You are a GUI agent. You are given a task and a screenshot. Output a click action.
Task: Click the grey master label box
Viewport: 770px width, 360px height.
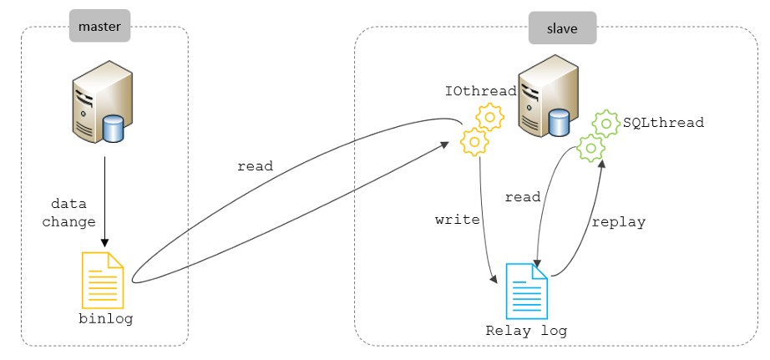tap(100, 27)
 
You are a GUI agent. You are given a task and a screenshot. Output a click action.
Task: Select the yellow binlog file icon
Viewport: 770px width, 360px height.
tap(102, 280)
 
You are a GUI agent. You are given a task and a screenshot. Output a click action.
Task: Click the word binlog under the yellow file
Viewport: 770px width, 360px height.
tap(105, 319)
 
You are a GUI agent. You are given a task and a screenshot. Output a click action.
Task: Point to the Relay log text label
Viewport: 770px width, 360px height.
tap(526, 331)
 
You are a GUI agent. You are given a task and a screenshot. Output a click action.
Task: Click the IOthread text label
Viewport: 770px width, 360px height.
tap(479, 89)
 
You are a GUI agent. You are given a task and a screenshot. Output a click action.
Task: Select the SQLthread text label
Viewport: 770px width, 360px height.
tap(664, 122)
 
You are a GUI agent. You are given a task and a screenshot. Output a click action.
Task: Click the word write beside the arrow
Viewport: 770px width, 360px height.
tap(458, 221)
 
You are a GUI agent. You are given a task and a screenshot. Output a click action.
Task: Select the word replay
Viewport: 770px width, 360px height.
tap(618, 222)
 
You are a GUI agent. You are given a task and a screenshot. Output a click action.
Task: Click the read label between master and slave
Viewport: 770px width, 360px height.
tap(256, 166)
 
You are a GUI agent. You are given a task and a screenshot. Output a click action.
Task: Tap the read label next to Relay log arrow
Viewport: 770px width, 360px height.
tap(524, 197)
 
